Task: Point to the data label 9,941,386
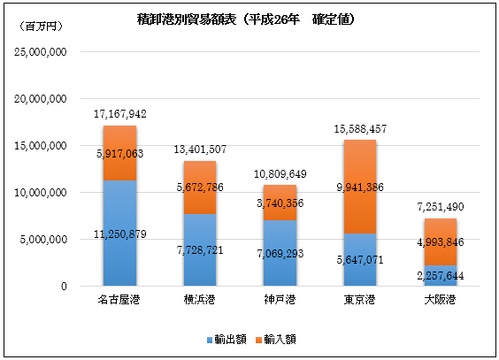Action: point(360,187)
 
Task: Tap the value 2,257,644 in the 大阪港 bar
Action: point(441,275)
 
